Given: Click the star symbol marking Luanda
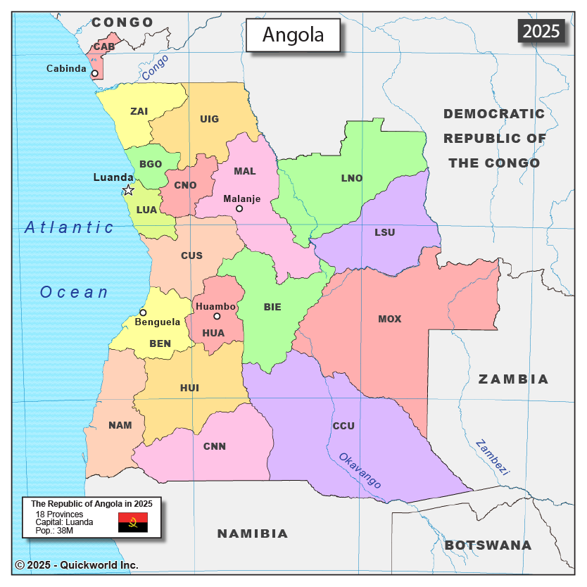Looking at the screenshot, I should tap(128, 190).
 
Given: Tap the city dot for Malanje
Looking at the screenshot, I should tap(239, 208).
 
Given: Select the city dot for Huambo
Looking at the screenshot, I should tap(217, 316).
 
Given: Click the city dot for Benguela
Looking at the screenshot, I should tap(143, 313).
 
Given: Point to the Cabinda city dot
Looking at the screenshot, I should tap(94, 72).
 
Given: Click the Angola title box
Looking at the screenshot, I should tap(293, 35).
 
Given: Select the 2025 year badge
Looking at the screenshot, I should tap(541, 30).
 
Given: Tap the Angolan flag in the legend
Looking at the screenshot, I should tap(132, 522).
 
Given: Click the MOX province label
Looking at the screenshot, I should tap(389, 319).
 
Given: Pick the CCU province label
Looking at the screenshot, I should tap(343, 426).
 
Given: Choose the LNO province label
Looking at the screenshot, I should tap(352, 178).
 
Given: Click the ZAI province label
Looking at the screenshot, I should tap(139, 111).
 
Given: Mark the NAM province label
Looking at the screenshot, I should tap(120, 425).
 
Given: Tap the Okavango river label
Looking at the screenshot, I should tap(360, 470).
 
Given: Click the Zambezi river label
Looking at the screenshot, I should tap(491, 458).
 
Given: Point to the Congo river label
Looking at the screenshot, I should tap(155, 68).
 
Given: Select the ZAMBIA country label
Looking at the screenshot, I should tap(513, 379).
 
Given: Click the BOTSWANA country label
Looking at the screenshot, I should tap(488, 545).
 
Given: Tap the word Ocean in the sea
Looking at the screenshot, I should tap(75, 292).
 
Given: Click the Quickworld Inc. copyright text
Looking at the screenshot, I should tap(77, 564).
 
